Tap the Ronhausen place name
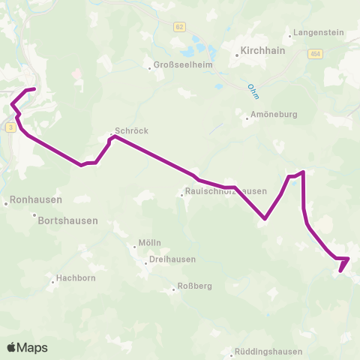click(34, 201)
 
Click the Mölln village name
click(149, 243)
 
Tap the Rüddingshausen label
click(268, 351)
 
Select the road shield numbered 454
click(315, 54)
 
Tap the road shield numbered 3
click(10, 128)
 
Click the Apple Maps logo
click(27, 347)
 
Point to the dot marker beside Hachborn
click(53, 282)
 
